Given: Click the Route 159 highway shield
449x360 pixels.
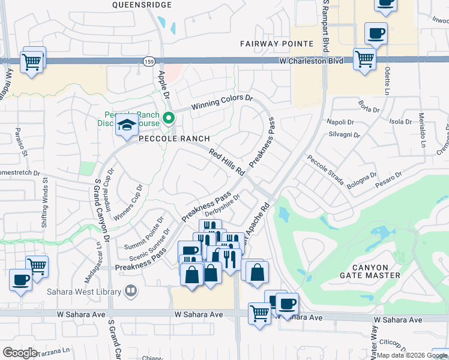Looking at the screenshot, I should [148, 61].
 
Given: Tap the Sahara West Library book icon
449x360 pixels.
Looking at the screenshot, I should [130, 292].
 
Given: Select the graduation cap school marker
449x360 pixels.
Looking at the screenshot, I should [127, 125].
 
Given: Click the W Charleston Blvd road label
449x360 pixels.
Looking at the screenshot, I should [311, 61].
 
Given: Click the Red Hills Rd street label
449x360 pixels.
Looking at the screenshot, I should [227, 162].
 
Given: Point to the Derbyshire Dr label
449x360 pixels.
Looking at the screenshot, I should [223, 206].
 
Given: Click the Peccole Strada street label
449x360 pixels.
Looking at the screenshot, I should [325, 170].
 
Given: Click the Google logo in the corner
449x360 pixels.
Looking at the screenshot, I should [20, 353].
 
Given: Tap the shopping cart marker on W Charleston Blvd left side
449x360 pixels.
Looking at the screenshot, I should [32, 61].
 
